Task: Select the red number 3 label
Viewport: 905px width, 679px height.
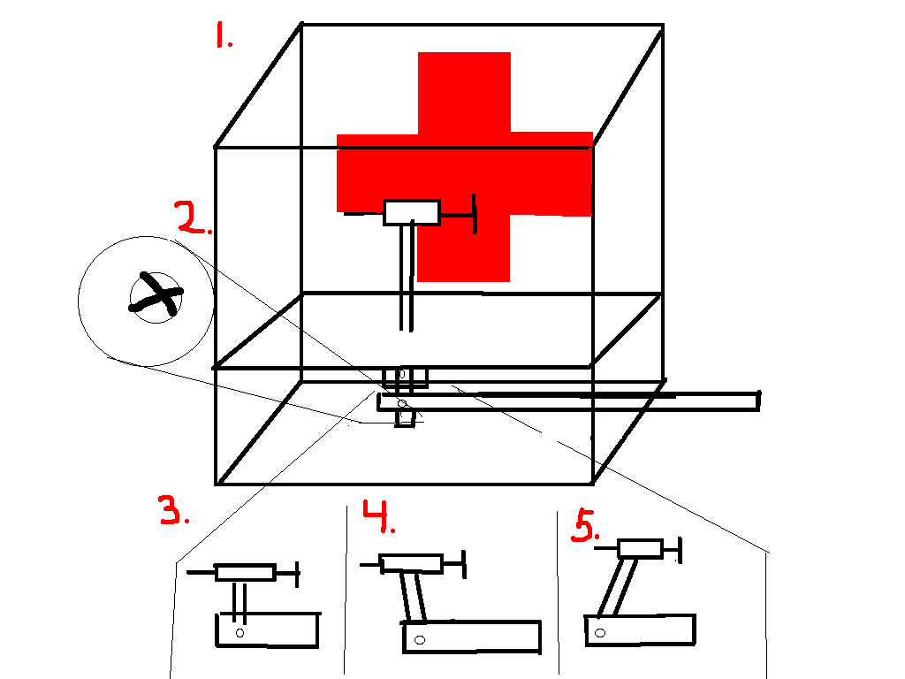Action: click(173, 509)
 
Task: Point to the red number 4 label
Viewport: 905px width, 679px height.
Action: click(378, 516)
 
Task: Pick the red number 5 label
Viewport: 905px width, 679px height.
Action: click(585, 525)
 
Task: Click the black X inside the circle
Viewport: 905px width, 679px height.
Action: click(156, 294)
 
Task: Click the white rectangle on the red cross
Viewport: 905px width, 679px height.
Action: click(412, 212)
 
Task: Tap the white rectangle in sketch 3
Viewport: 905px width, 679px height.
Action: click(245, 572)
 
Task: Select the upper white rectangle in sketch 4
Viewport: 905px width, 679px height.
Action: click(411, 563)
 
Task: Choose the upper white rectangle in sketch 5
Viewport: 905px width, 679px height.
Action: click(640, 548)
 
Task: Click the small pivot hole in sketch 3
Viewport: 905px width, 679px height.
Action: click(240, 633)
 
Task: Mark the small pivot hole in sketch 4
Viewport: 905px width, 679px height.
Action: click(420, 640)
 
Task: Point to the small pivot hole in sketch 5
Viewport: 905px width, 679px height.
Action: click(600, 633)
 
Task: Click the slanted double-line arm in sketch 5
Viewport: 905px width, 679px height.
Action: click(618, 587)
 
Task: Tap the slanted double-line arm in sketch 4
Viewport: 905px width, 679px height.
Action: click(414, 597)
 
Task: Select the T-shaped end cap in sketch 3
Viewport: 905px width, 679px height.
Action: click(297, 574)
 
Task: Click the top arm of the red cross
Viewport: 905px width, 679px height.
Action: click(464, 93)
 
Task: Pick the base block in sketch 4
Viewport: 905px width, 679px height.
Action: click(472, 637)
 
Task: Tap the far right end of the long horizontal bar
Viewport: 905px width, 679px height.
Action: click(759, 401)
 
